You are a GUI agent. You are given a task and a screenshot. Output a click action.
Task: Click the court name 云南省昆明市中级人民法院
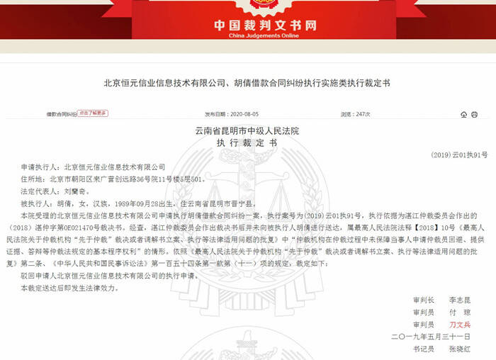pyautogui.click(x=247, y=132)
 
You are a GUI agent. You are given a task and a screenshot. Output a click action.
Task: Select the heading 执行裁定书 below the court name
pyautogui.click(x=247, y=143)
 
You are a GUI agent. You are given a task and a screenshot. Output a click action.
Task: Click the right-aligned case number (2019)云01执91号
pyautogui.click(x=460, y=154)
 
